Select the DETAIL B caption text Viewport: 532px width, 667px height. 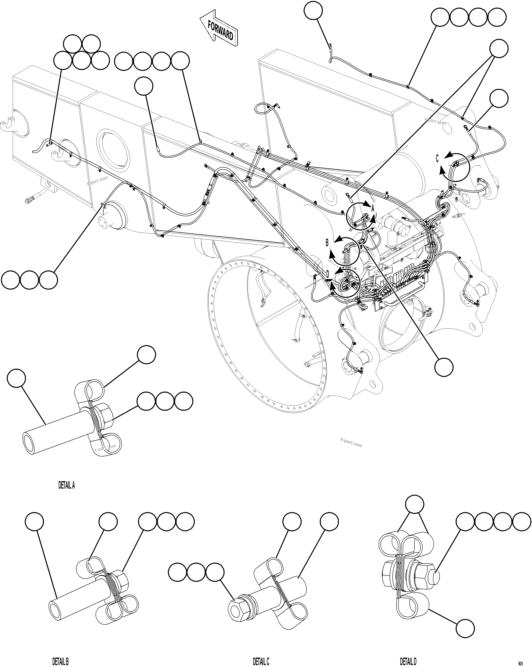coord(60,662)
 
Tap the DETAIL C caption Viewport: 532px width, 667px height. coord(261,662)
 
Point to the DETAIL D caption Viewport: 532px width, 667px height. coord(408,662)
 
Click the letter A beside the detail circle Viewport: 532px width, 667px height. coord(373,208)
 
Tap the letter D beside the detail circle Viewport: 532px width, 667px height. coord(327,274)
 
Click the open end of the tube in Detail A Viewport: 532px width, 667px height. coord(29,443)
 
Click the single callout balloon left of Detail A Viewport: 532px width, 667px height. coord(16,378)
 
